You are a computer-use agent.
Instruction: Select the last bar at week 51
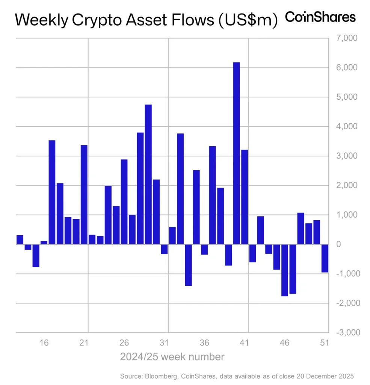[x=325, y=258]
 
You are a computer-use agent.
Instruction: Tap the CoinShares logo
[x=320, y=17]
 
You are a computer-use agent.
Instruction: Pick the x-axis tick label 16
[x=44, y=343]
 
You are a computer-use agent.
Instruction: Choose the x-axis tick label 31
[x=164, y=343]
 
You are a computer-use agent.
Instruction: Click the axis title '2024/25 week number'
[x=172, y=356]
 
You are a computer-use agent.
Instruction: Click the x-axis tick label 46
[x=284, y=343]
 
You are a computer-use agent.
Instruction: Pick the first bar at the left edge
[x=20, y=240]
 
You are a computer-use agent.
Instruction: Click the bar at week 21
[x=84, y=194]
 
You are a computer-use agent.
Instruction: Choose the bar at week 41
[x=245, y=197]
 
